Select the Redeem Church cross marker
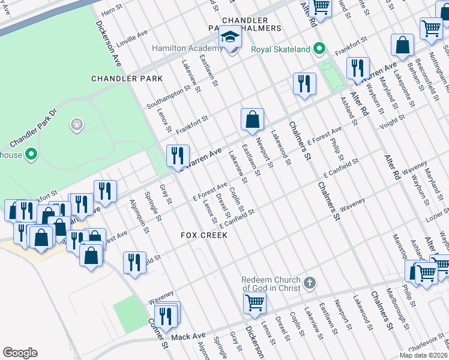click(x=310, y=283)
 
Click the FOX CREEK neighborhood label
click(x=204, y=235)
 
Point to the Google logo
click(x=20, y=352)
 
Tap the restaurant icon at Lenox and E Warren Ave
click(x=177, y=157)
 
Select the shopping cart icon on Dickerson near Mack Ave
click(x=255, y=304)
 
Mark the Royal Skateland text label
click(x=280, y=49)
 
